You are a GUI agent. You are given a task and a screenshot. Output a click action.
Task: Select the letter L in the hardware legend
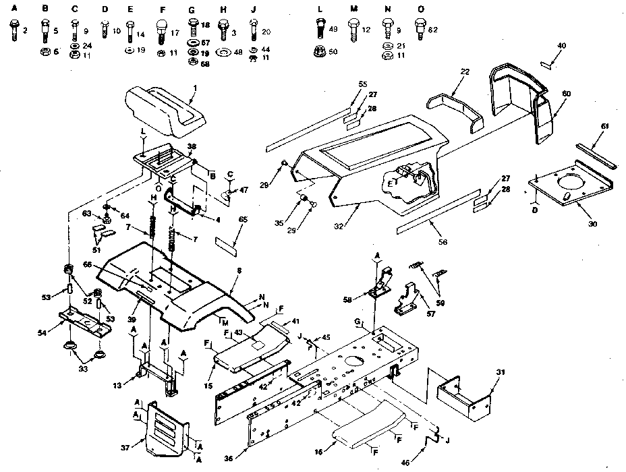[x=318, y=8]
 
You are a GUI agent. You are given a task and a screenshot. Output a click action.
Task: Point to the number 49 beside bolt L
[x=333, y=29]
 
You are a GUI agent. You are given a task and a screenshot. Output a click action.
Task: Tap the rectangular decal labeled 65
[x=227, y=241]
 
